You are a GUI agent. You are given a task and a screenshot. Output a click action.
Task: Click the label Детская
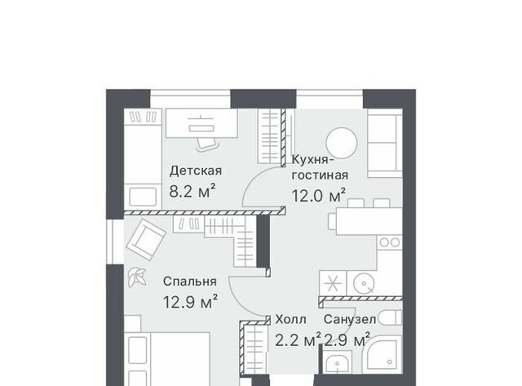pyautogui.click(x=196, y=171)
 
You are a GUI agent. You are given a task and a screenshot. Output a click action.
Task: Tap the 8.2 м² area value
pyautogui.click(x=192, y=191)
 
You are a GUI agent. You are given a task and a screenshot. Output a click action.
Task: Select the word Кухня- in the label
pyautogui.click(x=312, y=159)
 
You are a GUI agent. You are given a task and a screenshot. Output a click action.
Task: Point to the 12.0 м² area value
pyautogui.click(x=318, y=196)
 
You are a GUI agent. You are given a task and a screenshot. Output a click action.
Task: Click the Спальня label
pyautogui.click(x=190, y=282)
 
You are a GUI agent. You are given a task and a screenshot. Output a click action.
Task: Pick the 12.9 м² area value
pyautogui.click(x=190, y=302)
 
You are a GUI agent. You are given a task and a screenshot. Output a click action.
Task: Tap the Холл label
pyautogui.click(x=290, y=320)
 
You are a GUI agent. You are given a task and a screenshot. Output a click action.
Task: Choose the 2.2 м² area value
pyautogui.click(x=298, y=340)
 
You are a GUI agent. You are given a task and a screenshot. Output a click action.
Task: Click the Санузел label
pyautogui.click(x=350, y=320)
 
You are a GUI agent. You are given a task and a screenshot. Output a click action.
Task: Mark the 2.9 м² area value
pyautogui.click(x=347, y=340)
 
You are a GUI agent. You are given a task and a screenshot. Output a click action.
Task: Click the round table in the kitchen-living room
pyautogui.click(x=342, y=144)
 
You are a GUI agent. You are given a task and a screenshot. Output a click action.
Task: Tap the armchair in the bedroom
pyautogui.click(x=145, y=239)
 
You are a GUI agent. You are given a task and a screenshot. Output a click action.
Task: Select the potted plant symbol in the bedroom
pyautogui.click(x=137, y=277)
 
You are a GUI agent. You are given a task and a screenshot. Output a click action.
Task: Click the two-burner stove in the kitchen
pyautogui.click(x=390, y=242)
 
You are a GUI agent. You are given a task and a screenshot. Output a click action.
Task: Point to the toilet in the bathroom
pyautogui.click(x=390, y=317)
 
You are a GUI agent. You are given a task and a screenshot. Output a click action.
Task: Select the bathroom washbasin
pyautogui.click(x=337, y=362)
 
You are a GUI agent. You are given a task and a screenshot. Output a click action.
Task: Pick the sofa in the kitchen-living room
pyautogui.click(x=385, y=144)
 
